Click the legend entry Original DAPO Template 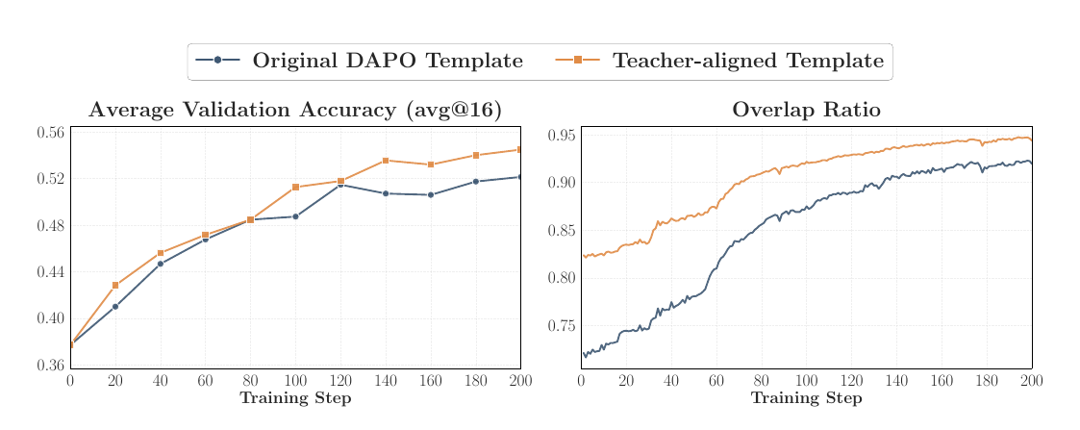click(x=359, y=61)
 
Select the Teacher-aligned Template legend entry click(x=719, y=61)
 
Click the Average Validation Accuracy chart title click(x=295, y=111)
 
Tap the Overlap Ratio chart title click(x=806, y=111)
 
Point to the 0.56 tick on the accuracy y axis click(x=50, y=133)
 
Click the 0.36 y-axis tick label click(x=50, y=366)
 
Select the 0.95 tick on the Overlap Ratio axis click(x=562, y=135)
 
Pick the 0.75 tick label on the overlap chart click(x=562, y=326)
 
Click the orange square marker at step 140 click(x=386, y=161)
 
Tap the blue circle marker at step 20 click(x=115, y=307)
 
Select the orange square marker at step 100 click(x=295, y=188)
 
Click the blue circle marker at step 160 click(x=431, y=195)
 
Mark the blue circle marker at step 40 click(x=161, y=264)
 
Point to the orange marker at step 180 click(x=476, y=155)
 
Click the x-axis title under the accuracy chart click(x=295, y=398)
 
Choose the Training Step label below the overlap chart click(x=807, y=398)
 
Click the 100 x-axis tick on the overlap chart click(x=807, y=380)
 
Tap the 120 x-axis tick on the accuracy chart click(x=340, y=380)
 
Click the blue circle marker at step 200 click(x=520, y=177)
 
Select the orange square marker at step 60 click(x=205, y=235)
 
